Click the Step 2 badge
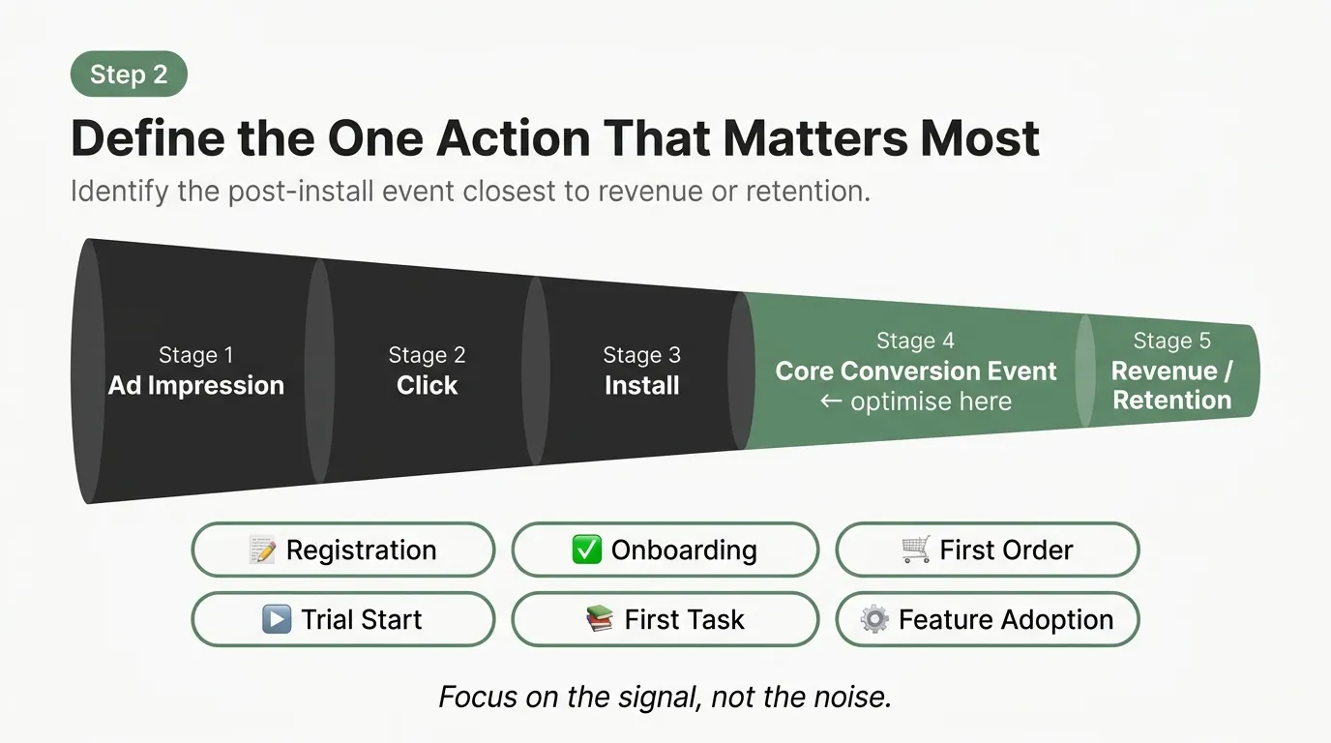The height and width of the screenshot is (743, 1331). coord(129,74)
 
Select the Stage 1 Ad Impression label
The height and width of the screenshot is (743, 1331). coord(196,371)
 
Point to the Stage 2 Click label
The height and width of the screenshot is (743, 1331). coord(427,371)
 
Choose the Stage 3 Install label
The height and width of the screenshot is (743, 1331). coord(641,371)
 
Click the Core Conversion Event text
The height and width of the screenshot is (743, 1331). coord(915,371)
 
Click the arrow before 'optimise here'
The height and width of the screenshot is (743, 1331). coord(830,401)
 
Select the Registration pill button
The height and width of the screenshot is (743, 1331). coord(343,550)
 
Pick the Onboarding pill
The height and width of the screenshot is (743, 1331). coord(665,550)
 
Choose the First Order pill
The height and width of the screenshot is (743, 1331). coord(987,550)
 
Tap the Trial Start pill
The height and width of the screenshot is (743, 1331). coord(343,619)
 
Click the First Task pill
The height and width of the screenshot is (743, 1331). coord(665,619)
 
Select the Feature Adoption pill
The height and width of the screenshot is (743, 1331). coord(987,619)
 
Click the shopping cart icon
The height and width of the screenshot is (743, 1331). coord(915,550)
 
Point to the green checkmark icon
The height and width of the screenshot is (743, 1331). coord(586,550)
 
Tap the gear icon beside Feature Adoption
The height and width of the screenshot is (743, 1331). coord(874,619)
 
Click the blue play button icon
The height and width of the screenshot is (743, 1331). coord(277,619)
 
